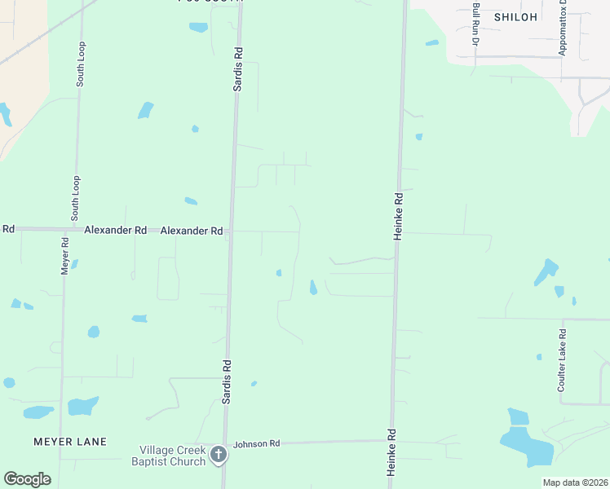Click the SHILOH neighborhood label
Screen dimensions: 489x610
pos(515,17)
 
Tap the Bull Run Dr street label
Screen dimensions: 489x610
pos(476,24)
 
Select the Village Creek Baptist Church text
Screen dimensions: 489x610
pos(169,455)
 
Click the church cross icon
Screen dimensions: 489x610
pos(218,455)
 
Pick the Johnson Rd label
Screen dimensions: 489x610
pos(256,444)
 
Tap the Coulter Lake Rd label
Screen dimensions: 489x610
pos(562,361)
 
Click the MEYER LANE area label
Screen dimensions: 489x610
pos(70,442)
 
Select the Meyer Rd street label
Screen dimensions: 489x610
pos(64,256)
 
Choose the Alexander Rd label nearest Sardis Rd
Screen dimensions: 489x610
pos(192,231)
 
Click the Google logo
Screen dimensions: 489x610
pos(27,479)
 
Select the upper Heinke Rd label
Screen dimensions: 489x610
pos(400,215)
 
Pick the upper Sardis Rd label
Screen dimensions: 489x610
pos(238,68)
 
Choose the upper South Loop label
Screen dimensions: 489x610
pos(80,64)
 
